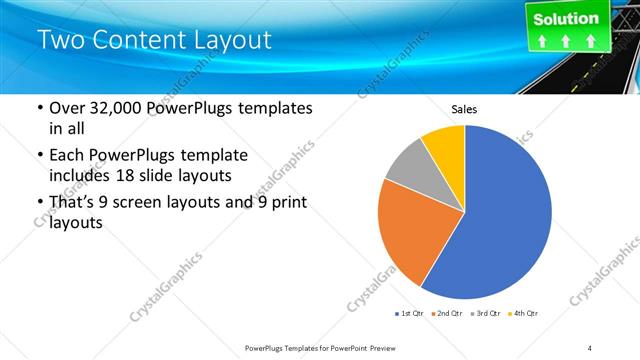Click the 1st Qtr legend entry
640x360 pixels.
(x=409, y=314)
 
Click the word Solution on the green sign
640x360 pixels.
(x=566, y=18)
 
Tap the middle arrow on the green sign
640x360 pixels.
(x=566, y=42)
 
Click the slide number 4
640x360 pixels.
(x=590, y=347)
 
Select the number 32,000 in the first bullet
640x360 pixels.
(x=112, y=109)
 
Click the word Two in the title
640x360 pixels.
(x=59, y=41)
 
